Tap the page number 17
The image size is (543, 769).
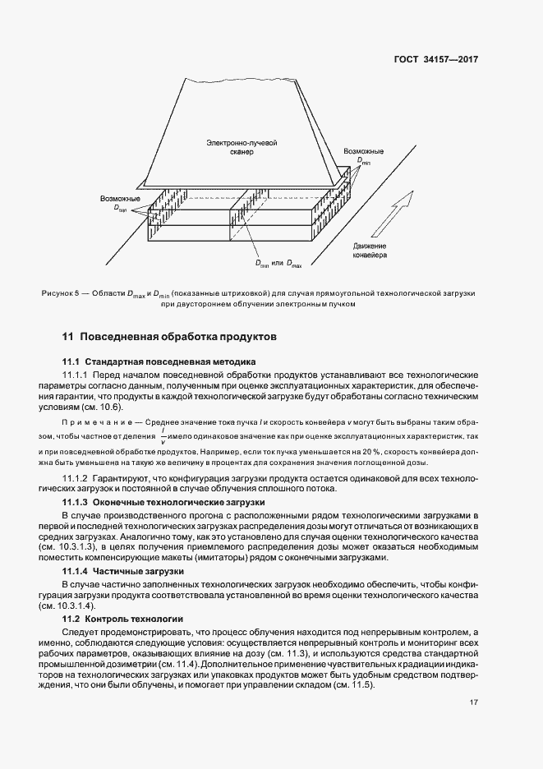pos(474,702)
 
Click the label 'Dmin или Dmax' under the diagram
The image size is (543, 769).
pos(280,264)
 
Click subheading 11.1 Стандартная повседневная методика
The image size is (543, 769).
pos(159,361)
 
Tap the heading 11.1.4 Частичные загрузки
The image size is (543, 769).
pos(135,570)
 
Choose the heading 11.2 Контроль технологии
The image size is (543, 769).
pos(123,617)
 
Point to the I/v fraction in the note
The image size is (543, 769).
pos(163,437)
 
